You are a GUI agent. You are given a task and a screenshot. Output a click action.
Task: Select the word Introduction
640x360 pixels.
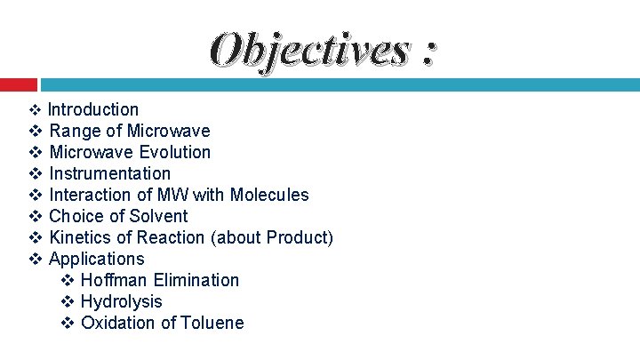tap(93, 109)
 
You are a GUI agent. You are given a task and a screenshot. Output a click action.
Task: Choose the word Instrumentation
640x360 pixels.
tap(109, 173)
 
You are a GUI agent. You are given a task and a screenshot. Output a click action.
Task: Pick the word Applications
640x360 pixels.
tap(96, 259)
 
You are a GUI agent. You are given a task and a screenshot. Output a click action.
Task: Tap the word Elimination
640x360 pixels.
tap(197, 280)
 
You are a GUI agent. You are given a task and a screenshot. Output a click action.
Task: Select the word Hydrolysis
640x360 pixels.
tap(122, 301)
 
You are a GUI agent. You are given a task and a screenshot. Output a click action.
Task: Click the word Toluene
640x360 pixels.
tap(212, 323)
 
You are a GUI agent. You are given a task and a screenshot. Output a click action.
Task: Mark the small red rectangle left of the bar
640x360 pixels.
tap(18, 84)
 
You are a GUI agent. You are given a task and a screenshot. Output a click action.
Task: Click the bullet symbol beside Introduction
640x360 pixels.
tap(36, 109)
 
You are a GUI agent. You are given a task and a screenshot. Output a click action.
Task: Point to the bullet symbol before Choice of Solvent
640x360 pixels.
tap(36, 216)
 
